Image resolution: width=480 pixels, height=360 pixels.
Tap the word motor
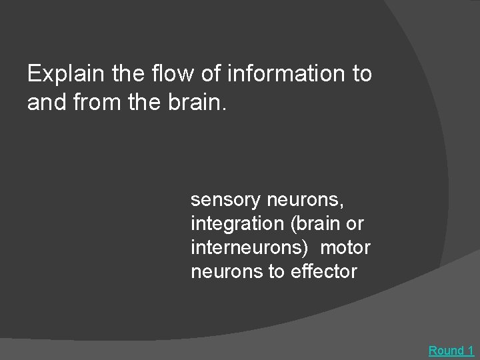345,247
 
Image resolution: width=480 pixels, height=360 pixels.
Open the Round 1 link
451,350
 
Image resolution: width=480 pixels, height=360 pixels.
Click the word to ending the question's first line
360,74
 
